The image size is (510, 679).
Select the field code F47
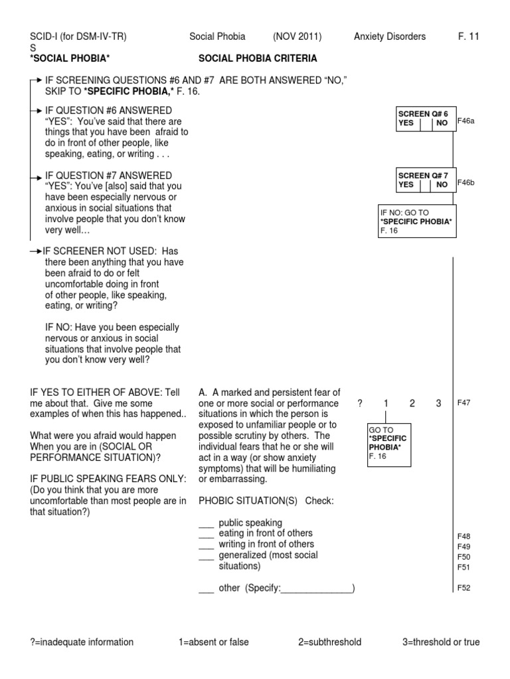pyautogui.click(x=464, y=402)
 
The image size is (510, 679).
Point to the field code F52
pyautogui.click(x=464, y=588)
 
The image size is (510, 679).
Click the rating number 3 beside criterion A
pyautogui.click(x=438, y=403)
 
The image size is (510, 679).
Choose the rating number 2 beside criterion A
pyautogui.click(x=412, y=403)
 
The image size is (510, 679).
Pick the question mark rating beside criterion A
pyautogui.click(x=360, y=403)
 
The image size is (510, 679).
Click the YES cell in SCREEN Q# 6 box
pyautogui.click(x=406, y=123)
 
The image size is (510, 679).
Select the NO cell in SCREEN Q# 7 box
pyautogui.click(x=442, y=185)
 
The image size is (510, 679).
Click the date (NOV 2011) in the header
pyautogui.click(x=297, y=36)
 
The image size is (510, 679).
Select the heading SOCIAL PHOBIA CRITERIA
pyautogui.click(x=258, y=58)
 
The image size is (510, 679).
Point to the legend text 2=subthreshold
pyautogui.click(x=329, y=642)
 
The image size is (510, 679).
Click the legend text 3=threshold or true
pyautogui.click(x=441, y=642)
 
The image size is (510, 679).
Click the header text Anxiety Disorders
pyautogui.click(x=390, y=36)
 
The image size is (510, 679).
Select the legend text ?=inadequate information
pyautogui.click(x=82, y=642)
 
